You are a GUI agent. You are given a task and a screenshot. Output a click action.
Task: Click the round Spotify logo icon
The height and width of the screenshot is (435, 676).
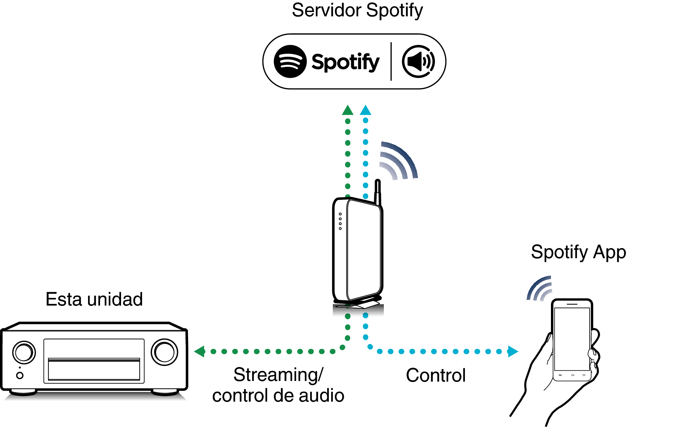coord(290,61)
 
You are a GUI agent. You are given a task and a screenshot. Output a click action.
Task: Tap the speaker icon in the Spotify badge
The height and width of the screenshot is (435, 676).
coord(419,61)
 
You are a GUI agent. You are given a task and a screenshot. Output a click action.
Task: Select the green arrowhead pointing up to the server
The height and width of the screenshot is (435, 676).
coord(348,110)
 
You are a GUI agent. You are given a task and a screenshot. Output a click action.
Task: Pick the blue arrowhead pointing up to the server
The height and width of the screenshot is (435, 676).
coord(366,110)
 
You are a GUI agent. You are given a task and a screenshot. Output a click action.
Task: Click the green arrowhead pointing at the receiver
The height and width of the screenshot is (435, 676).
coord(199,351)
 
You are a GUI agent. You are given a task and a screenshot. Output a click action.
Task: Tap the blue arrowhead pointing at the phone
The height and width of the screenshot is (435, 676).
coord(513,351)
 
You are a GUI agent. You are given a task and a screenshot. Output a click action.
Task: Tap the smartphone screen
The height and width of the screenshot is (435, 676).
coord(572,339)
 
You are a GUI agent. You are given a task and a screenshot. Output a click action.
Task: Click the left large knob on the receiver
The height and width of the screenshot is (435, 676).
coord(24,352)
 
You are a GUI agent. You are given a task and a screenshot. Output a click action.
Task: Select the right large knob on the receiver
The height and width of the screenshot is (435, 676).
coord(164,352)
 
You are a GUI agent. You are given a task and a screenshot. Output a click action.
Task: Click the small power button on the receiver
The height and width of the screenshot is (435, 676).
coord(20,375)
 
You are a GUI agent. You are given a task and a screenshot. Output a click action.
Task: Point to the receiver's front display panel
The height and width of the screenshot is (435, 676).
coord(94,361)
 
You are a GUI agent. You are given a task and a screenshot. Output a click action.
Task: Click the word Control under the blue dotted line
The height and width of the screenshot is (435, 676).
coord(436,375)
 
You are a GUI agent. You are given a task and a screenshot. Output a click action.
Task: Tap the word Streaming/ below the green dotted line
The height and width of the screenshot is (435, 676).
coord(278,375)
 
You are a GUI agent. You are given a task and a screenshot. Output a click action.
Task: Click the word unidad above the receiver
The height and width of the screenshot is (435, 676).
coord(115,299)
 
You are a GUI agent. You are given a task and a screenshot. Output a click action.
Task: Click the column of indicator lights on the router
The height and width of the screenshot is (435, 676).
coord(340,221)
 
